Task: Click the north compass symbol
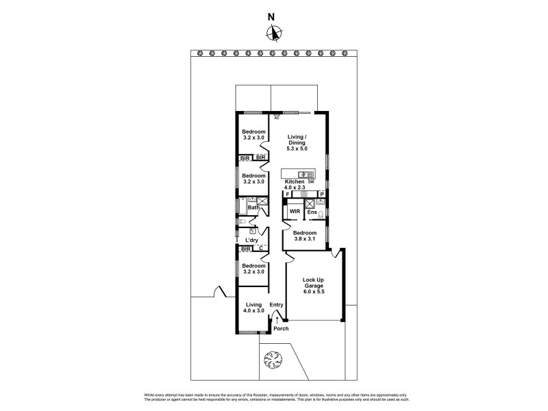(x=274, y=32)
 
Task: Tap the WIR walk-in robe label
(x=295, y=212)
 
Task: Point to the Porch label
(x=281, y=329)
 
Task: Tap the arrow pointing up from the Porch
(x=277, y=318)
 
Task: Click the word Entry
(x=276, y=305)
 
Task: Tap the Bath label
(x=253, y=208)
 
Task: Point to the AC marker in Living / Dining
(x=277, y=118)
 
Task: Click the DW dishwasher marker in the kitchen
(x=310, y=182)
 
